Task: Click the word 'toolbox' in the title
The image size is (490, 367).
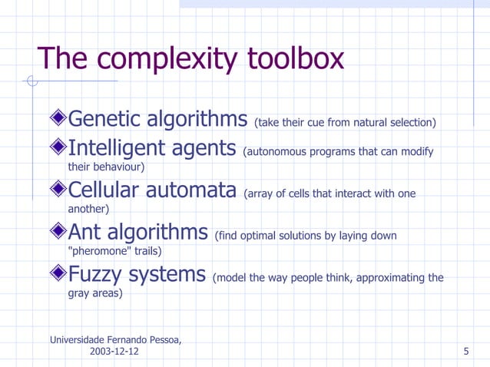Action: coord(296,59)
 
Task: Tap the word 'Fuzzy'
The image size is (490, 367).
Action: coord(98,274)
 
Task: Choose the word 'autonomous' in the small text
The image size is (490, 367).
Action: coord(275,151)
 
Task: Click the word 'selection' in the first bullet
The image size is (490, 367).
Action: coord(409,123)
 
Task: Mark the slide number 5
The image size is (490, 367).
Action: coord(467,352)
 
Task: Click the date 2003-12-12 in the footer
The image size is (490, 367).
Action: coord(115,352)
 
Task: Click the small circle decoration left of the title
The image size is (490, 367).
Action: coord(31,81)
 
